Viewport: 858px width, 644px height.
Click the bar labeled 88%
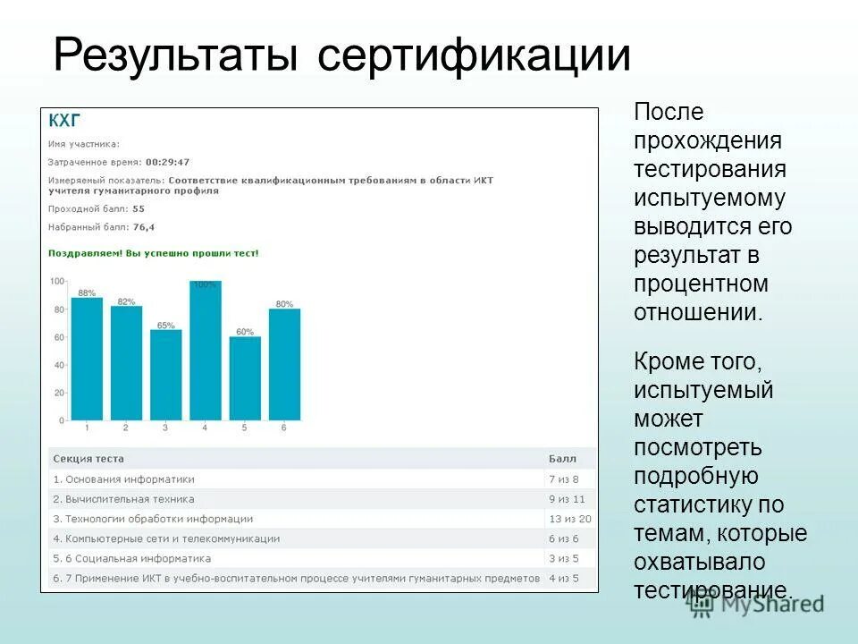87,359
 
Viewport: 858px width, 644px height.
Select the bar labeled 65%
165,375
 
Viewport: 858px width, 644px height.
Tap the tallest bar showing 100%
205,351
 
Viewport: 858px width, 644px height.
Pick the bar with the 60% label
245,378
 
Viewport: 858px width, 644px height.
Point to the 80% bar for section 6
284,364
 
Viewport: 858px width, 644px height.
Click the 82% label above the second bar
126,301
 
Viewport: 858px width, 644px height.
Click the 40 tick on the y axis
58,365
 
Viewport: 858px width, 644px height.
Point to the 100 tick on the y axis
57,282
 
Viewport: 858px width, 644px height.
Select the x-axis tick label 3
165,428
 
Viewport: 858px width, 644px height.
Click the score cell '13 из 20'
569,519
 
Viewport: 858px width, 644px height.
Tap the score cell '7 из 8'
564,479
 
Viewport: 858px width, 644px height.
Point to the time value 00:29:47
168,162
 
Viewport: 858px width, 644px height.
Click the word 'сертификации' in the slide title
474,55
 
